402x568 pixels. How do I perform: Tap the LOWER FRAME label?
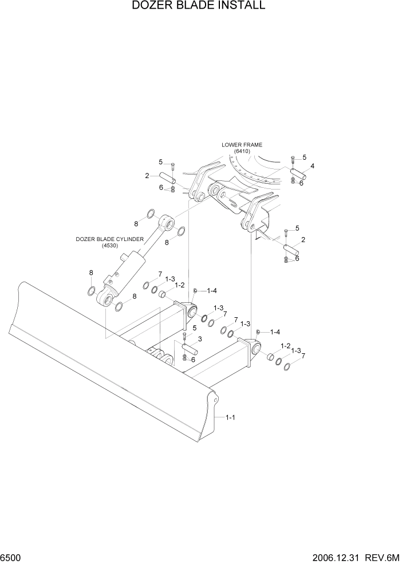click(x=246, y=145)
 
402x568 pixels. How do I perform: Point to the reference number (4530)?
click(x=109, y=246)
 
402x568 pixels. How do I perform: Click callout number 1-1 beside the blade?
click(x=231, y=417)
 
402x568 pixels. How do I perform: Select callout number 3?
click(x=200, y=339)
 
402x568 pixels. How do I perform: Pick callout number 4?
click(x=312, y=167)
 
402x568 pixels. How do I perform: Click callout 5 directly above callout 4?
click(x=304, y=157)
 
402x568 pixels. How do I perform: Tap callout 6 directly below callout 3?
click(x=193, y=360)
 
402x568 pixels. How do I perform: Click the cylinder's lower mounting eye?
click(x=105, y=298)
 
